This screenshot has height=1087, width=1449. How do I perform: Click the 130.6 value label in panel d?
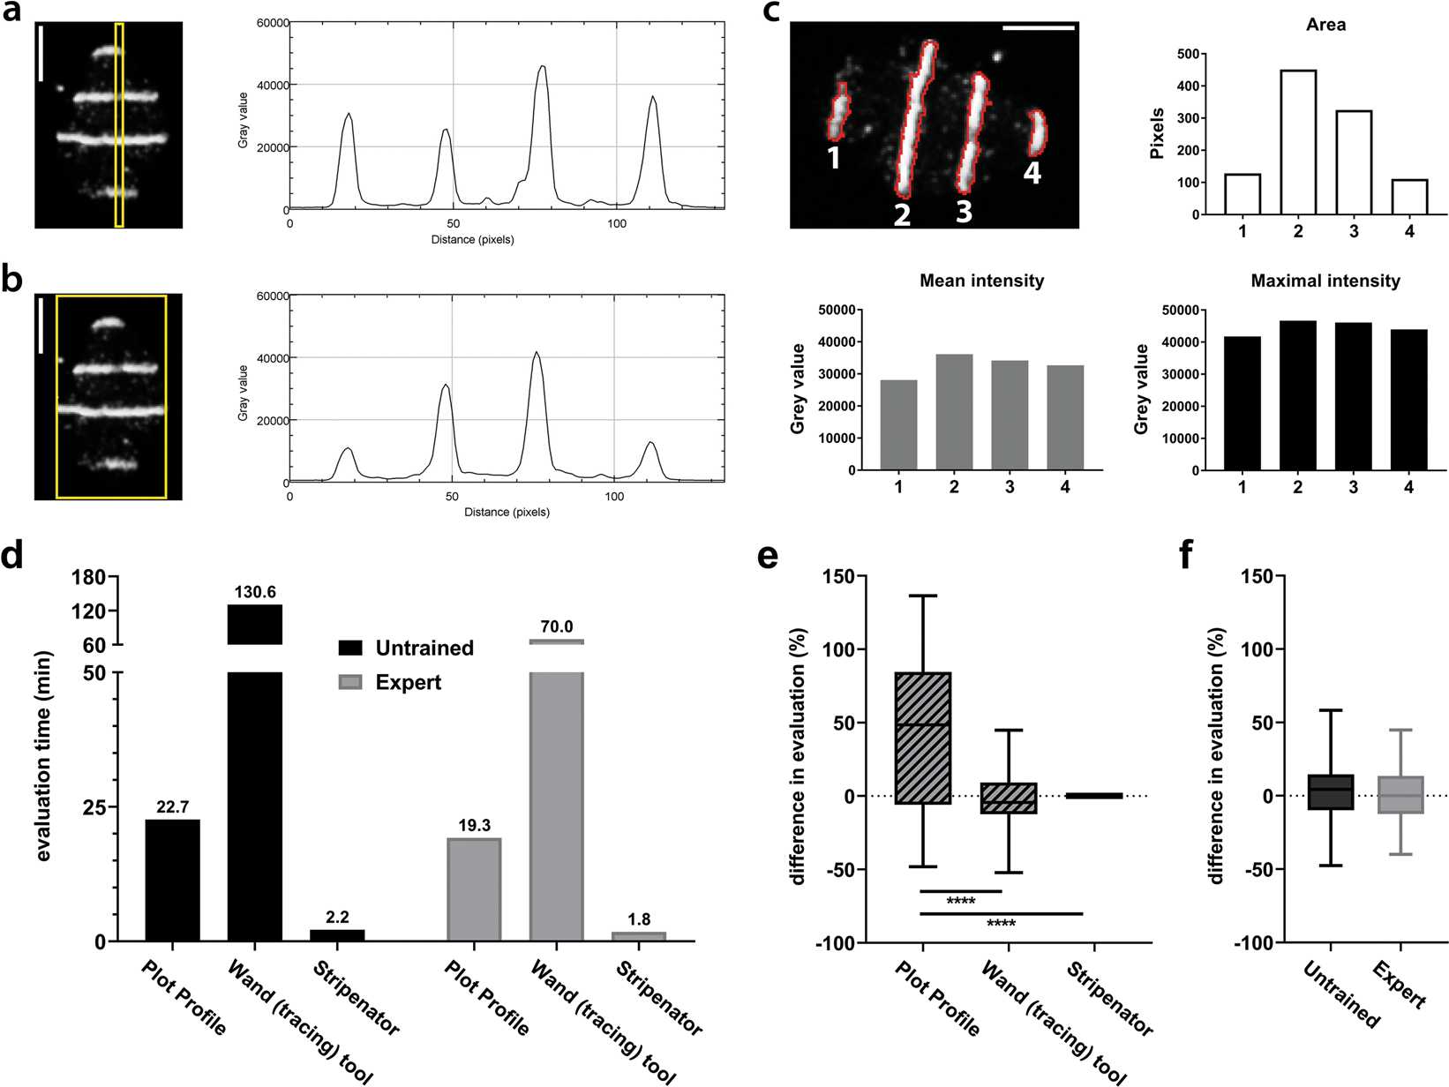(255, 592)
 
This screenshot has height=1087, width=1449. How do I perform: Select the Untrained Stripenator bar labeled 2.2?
(337, 934)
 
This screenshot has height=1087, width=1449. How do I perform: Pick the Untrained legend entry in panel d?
(406, 648)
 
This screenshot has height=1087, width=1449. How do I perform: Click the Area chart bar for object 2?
(1297, 142)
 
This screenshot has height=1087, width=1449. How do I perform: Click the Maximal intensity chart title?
(1325, 281)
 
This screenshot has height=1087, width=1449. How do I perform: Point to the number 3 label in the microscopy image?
(964, 211)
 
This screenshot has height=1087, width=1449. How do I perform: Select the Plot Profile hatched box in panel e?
(922, 738)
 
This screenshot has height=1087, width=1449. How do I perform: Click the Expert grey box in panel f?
(1400, 794)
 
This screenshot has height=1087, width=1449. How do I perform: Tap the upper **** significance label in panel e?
(960, 902)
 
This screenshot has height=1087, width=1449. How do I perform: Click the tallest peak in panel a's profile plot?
(543, 67)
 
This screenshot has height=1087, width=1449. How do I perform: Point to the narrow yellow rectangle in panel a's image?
(119, 125)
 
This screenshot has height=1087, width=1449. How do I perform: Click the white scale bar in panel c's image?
(1039, 28)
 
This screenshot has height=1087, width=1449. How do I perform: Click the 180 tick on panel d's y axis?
(94, 577)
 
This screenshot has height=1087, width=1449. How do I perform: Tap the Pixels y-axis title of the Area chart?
(1157, 133)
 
